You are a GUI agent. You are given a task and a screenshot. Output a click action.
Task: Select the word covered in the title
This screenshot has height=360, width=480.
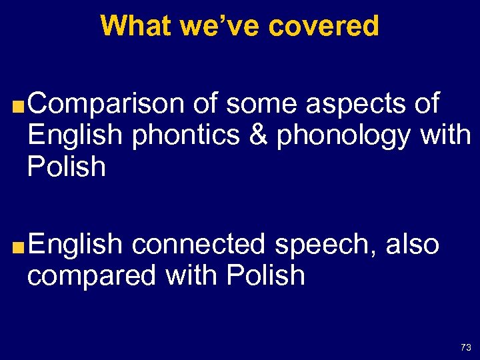tap(323, 26)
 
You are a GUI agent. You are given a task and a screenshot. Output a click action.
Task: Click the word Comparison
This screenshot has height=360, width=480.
tap(105, 104)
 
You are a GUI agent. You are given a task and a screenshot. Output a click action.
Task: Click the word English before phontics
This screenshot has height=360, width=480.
tap(75, 136)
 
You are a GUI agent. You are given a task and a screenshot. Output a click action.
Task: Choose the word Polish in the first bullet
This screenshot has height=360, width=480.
tap(67, 167)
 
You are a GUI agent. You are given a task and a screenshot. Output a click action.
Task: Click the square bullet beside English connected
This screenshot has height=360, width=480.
tap(20, 247)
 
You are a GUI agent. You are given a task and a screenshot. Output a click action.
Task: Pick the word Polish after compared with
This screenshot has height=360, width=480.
tap(265, 275)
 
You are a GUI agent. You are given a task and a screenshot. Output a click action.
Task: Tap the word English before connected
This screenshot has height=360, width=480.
tap(75, 245)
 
